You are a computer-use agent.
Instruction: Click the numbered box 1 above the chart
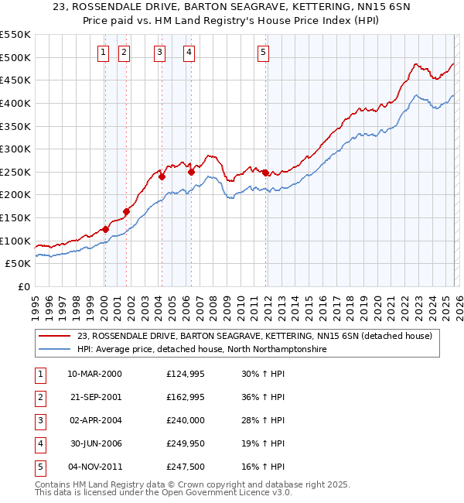pos(103,53)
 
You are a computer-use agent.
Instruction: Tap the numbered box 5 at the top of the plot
pos(263,53)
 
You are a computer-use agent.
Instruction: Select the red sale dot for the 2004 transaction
pos(162,176)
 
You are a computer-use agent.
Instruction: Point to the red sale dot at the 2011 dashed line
pos(265,173)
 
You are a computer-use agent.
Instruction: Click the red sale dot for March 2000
pos(105,229)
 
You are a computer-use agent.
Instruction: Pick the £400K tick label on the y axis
pos(15,103)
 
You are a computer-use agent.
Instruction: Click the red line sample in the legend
pos(54,336)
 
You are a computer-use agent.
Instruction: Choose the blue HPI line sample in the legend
pos(54,350)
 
